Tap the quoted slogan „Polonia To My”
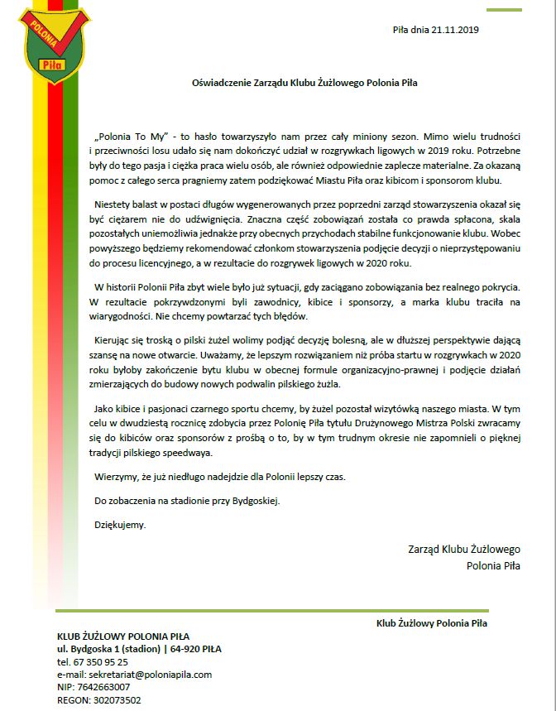[132, 133]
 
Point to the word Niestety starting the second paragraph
[113, 204]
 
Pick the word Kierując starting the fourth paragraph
[116, 340]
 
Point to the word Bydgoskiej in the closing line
[257, 501]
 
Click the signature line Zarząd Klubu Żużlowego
[463, 549]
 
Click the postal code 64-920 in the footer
[185, 649]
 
